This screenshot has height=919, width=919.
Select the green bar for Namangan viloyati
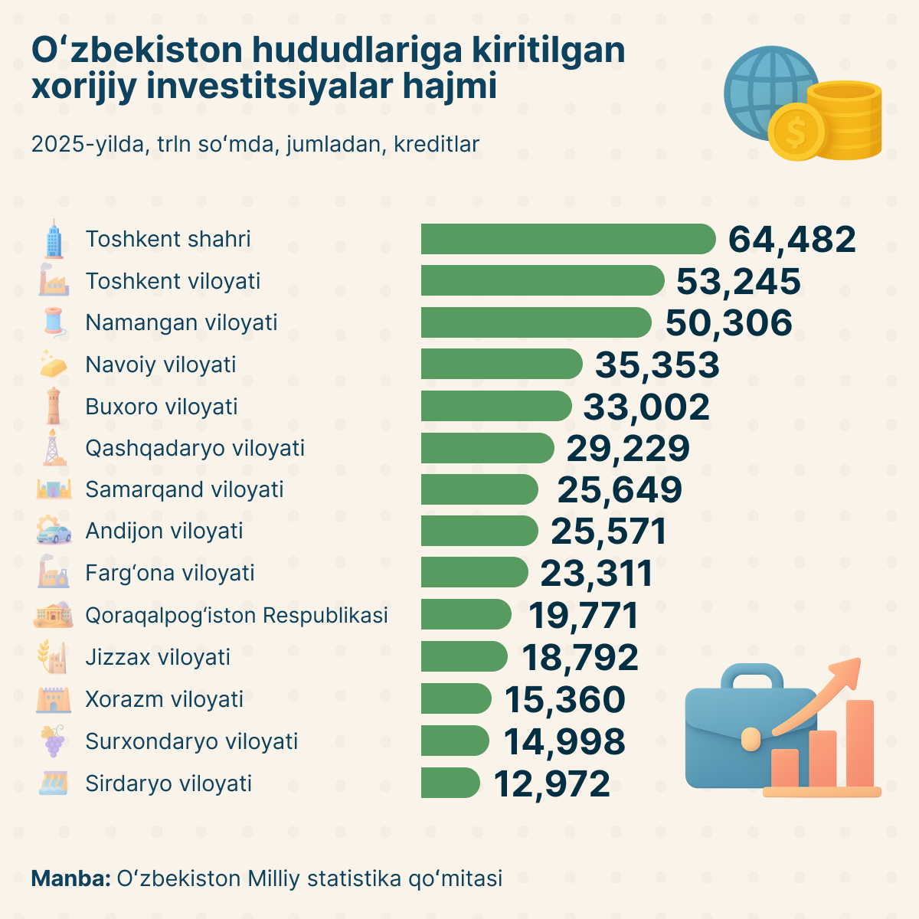click(x=536, y=322)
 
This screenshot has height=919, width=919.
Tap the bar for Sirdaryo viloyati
click(x=450, y=783)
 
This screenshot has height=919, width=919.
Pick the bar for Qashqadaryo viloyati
click(x=487, y=448)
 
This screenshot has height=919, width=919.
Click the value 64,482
click(x=791, y=240)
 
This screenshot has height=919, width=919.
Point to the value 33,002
click(x=646, y=407)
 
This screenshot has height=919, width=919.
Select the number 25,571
click(x=608, y=531)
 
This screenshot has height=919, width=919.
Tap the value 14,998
click(x=564, y=741)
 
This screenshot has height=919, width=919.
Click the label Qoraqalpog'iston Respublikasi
click(x=237, y=615)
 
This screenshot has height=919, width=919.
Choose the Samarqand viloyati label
click(x=185, y=489)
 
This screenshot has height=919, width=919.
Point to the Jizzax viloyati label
click(x=158, y=657)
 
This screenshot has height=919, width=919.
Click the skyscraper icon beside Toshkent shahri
click(x=54, y=239)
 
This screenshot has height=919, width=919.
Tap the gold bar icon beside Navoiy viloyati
click(x=54, y=365)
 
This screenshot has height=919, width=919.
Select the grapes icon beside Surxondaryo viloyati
click(x=54, y=741)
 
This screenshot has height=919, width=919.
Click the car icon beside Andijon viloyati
click(x=54, y=531)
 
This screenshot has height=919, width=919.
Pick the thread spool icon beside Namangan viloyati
click(x=54, y=322)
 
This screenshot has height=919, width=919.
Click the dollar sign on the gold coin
click(x=796, y=133)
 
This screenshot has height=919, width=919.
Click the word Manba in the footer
click(x=70, y=878)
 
